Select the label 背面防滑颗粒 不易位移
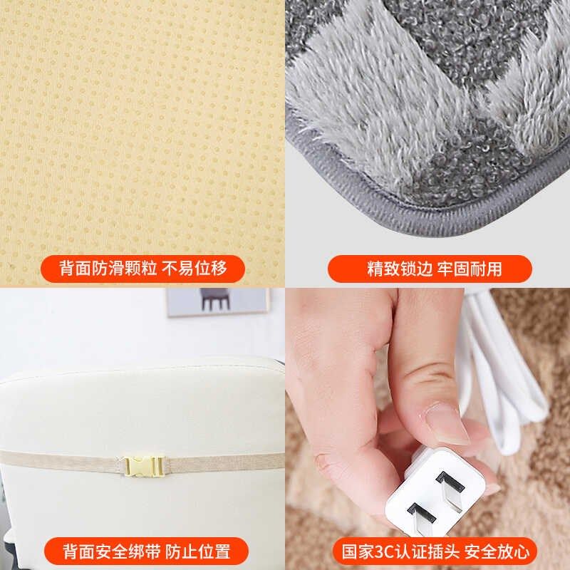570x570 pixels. click(142, 269)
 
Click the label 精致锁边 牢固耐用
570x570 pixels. click(430, 269)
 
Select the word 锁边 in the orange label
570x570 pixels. click(420, 269)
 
